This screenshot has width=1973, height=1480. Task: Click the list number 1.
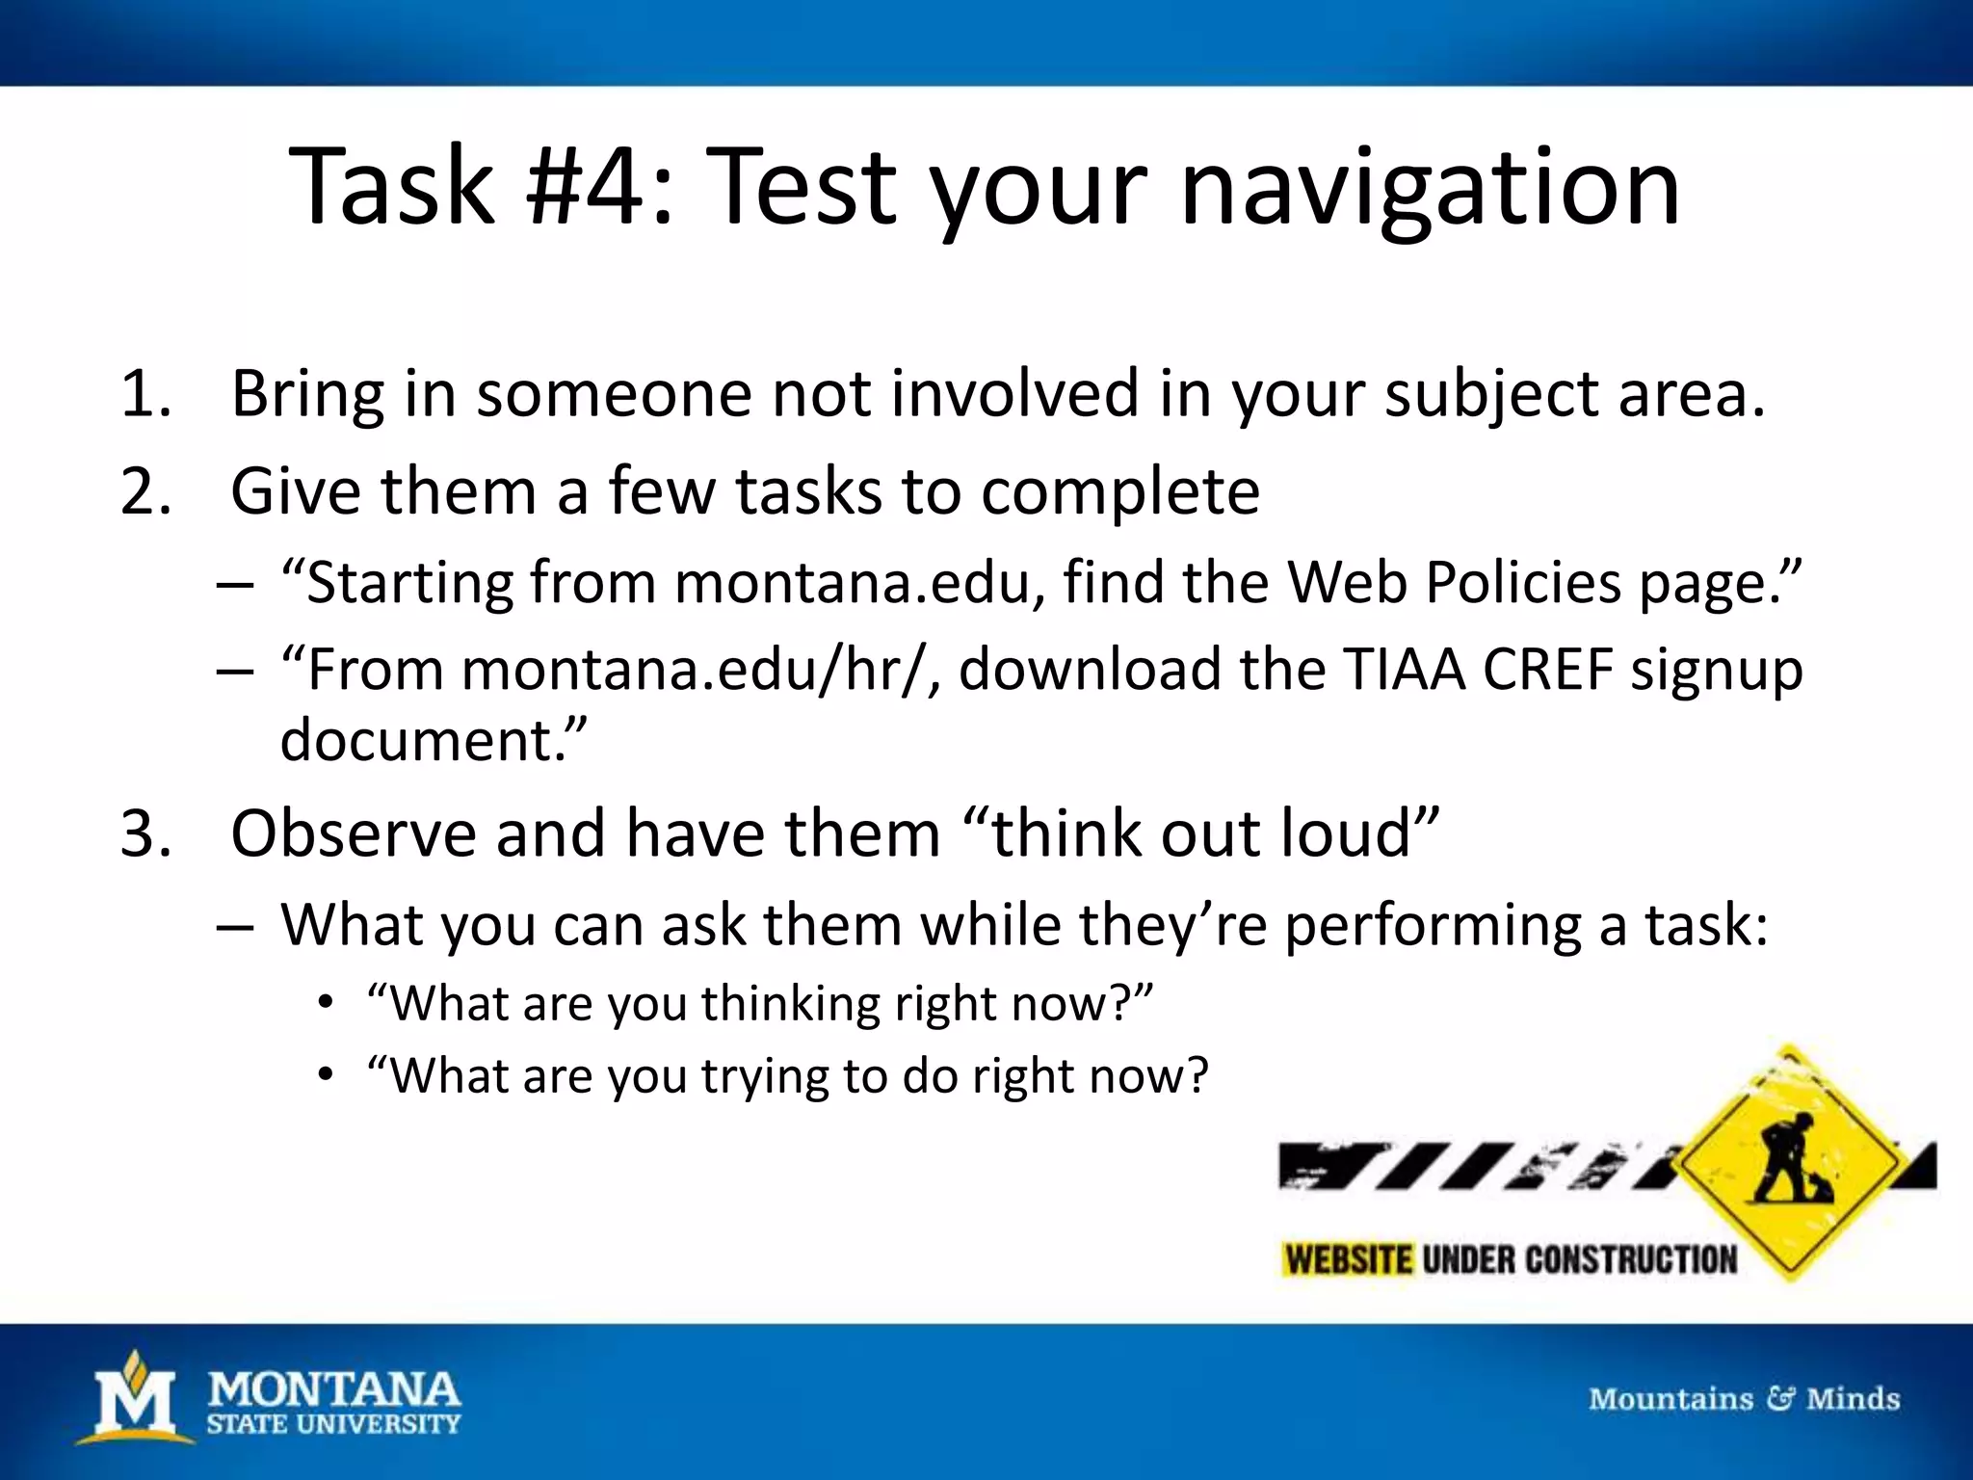[x=145, y=395]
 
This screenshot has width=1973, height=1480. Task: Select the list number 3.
[x=145, y=834]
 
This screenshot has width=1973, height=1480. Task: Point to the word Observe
[x=354, y=834]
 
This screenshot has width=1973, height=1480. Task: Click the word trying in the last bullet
[x=765, y=1076]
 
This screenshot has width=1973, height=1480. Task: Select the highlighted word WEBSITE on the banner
[x=1349, y=1260]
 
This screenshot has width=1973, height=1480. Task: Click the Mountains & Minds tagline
[x=1744, y=1399]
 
